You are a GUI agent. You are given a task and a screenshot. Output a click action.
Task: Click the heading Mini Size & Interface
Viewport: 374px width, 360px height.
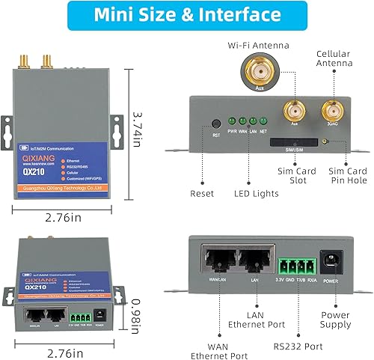point(187,15)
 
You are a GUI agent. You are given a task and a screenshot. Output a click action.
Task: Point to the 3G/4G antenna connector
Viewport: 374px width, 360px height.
point(331,113)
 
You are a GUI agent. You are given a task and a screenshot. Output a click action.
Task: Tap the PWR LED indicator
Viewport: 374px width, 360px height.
point(233,120)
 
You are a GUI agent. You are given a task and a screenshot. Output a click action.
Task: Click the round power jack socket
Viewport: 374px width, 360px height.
point(330,263)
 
